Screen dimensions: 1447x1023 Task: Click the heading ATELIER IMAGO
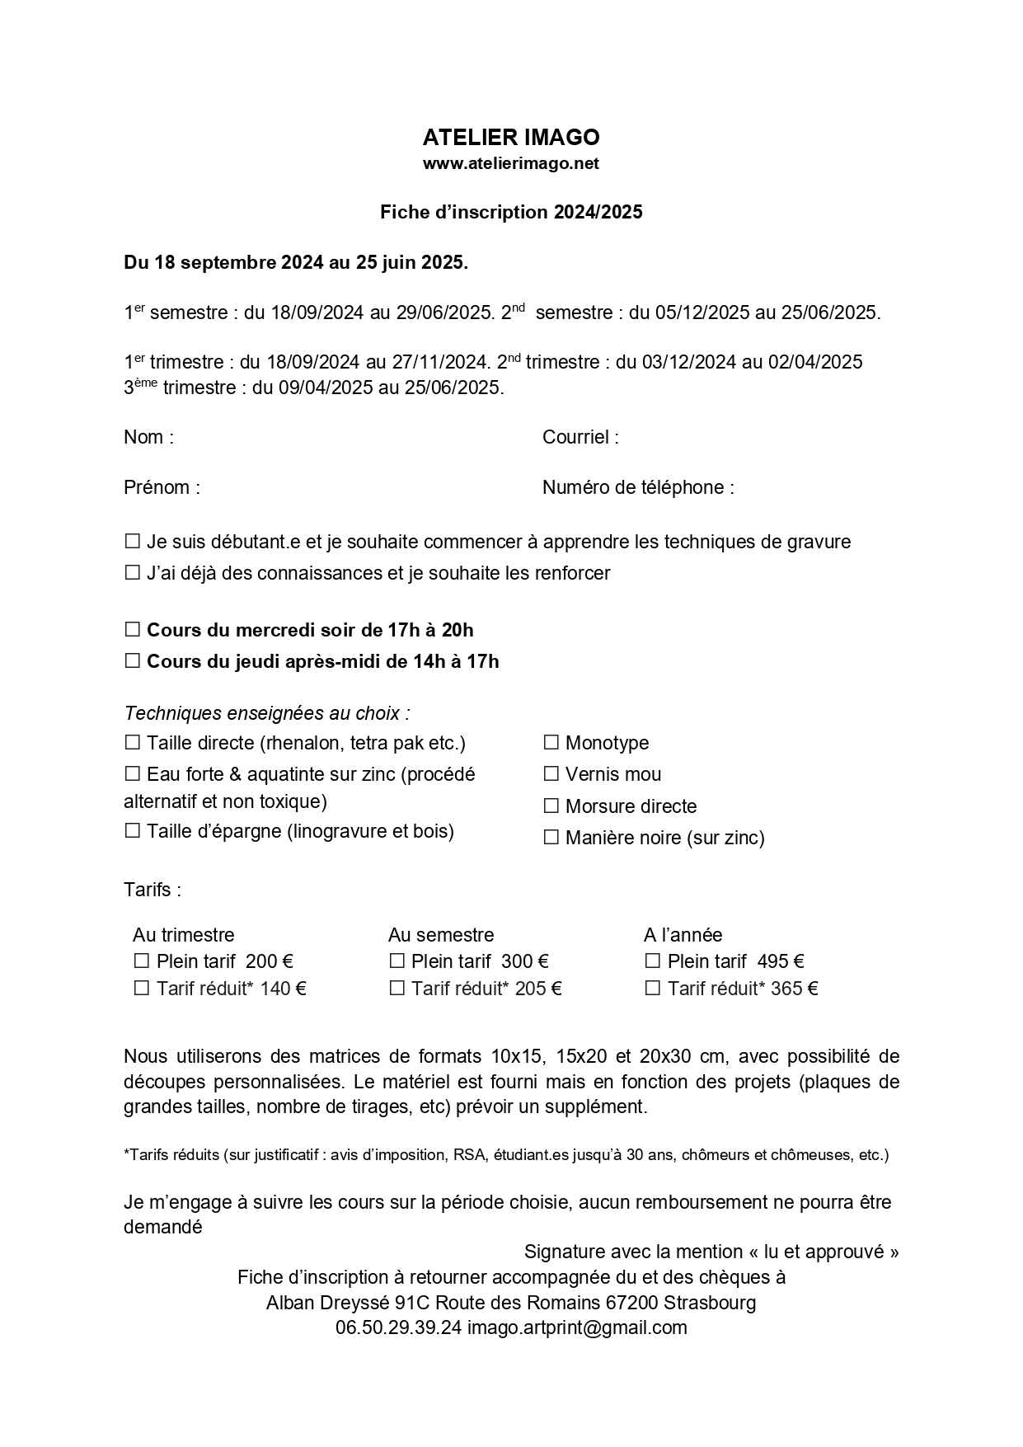[x=511, y=137]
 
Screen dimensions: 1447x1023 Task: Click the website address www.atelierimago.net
[x=511, y=163]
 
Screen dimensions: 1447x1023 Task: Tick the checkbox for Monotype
[x=551, y=743]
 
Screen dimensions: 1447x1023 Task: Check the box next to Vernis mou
[x=551, y=774]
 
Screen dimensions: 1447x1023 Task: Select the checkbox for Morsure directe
[x=551, y=806]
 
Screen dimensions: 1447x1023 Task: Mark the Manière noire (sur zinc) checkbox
[x=551, y=838]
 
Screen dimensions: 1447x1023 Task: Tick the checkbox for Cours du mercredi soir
[x=132, y=630]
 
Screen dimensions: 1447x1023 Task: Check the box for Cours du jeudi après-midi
[x=132, y=661]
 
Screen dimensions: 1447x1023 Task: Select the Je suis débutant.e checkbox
[x=132, y=542]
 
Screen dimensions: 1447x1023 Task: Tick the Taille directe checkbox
[x=132, y=743]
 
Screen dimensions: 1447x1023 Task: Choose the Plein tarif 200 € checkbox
[x=142, y=961]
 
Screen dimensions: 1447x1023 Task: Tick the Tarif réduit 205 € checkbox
[x=397, y=989]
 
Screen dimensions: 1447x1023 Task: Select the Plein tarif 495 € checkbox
[x=653, y=961]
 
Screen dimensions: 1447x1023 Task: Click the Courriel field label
[x=580, y=437]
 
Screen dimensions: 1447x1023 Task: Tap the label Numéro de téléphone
[x=638, y=487]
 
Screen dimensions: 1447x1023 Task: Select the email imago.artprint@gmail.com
[x=577, y=1327]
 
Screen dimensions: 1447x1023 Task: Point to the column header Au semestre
[x=441, y=935]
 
